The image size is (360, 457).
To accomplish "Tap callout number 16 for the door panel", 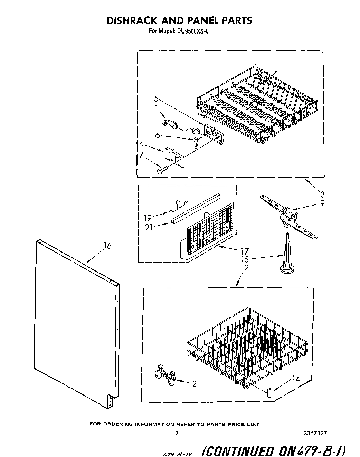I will click(x=107, y=246).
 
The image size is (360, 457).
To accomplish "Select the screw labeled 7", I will click(x=161, y=171).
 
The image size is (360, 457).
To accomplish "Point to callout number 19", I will click(x=148, y=218).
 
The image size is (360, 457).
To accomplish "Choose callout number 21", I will click(x=149, y=227).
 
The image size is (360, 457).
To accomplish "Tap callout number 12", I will click(x=245, y=267).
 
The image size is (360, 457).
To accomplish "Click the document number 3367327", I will click(x=315, y=433).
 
